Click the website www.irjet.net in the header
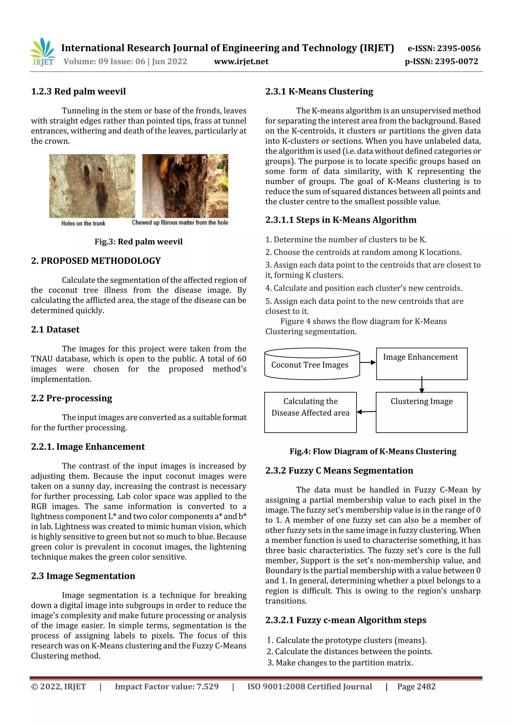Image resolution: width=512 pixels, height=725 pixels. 241,62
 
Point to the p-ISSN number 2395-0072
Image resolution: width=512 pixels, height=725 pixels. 456,62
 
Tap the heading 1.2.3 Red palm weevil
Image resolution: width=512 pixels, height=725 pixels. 78,92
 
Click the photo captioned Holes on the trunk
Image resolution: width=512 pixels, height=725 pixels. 92,186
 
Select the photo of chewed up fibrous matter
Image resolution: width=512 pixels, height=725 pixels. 185,186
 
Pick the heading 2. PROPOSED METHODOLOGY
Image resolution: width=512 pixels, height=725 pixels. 96,261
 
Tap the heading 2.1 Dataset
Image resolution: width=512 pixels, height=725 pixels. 55,330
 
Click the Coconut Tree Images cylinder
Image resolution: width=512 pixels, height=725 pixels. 312,364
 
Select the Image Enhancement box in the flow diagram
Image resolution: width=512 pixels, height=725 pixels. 421,364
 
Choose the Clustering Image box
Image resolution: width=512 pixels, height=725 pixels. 421,412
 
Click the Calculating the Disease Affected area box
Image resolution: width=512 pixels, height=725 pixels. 310,412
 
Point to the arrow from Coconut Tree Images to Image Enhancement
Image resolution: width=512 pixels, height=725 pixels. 367,362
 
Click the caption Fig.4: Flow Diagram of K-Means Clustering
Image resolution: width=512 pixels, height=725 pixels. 373,451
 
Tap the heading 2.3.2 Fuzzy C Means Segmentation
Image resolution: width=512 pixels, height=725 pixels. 339,470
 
